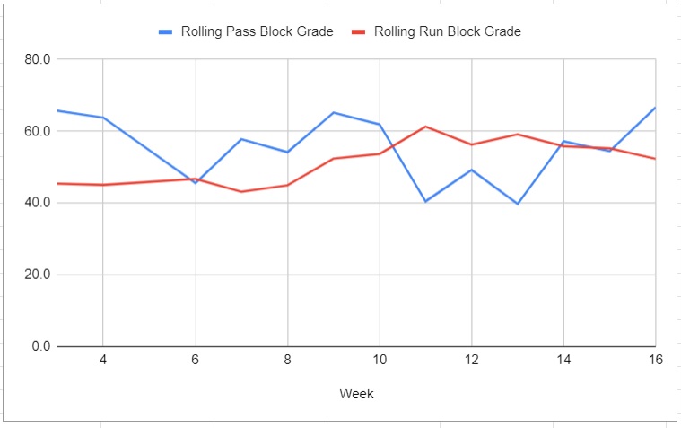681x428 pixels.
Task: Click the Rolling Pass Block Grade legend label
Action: coord(257,31)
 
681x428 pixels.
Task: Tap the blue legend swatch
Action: coord(166,31)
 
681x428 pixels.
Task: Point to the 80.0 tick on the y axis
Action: coord(39,59)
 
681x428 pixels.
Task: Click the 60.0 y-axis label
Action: coord(39,131)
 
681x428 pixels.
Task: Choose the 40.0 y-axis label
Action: coord(39,203)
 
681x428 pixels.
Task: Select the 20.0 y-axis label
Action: coord(39,275)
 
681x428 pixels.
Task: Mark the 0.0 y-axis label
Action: coord(42,346)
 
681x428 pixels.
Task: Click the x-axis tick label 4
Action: coord(102,361)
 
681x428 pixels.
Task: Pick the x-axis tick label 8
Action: coord(287,361)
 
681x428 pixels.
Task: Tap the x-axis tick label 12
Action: coord(471,361)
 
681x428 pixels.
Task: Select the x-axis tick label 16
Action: coord(654,361)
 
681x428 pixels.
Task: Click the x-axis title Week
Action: coord(356,394)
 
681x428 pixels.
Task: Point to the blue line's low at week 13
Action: coord(517,204)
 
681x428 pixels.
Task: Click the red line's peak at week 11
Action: coord(425,127)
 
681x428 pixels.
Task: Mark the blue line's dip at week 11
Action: coord(425,201)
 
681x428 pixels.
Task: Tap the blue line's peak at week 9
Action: coord(333,112)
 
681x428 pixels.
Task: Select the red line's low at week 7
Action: coord(240,191)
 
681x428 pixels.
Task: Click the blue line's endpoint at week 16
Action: coord(655,108)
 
